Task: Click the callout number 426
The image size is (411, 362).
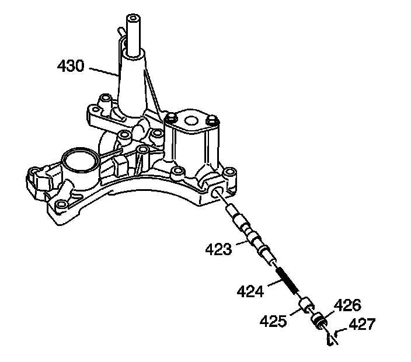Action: pos(348,304)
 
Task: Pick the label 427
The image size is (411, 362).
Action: pos(363,323)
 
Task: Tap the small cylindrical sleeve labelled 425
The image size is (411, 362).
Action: pos(306,305)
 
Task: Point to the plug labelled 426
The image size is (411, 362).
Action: pos(319,319)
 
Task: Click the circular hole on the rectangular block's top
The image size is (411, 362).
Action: pos(191,121)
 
